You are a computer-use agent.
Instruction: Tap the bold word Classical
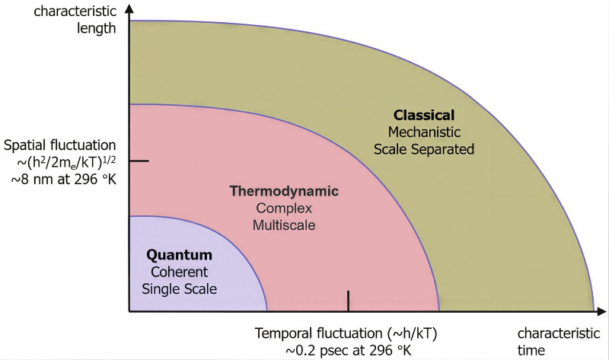tap(424, 115)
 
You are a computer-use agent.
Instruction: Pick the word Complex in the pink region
tap(284, 208)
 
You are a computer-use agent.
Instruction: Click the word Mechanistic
tap(424, 132)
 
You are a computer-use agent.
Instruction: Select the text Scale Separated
tap(424, 149)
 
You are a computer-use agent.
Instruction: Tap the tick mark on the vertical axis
tap(139, 161)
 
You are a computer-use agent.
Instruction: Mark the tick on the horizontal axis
tap(348, 301)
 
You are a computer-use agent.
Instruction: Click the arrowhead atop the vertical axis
tap(129, 9)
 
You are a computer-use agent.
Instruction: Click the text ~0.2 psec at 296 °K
tap(347, 350)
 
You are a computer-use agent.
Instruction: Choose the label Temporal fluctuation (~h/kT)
tap(347, 333)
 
